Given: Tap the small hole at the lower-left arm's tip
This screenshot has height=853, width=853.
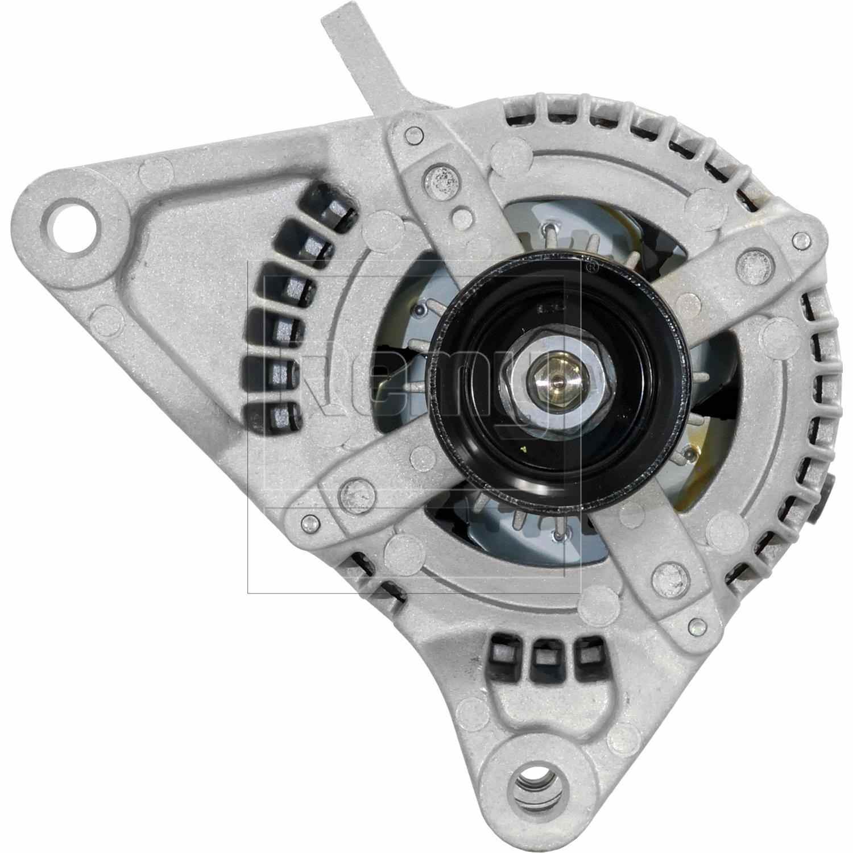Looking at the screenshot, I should [x=309, y=521].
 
